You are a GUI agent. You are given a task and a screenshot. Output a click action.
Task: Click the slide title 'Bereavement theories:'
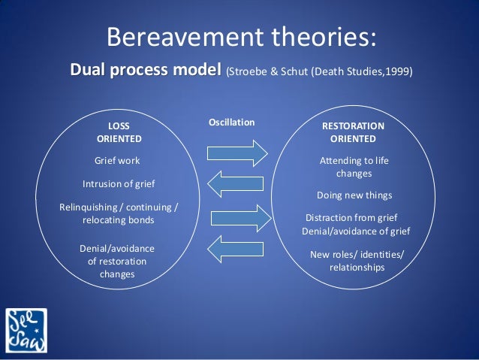pos(239,36)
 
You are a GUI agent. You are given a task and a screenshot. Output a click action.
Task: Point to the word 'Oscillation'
pos(231,122)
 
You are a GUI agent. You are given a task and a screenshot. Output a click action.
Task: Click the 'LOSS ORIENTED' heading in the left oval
pos(119,132)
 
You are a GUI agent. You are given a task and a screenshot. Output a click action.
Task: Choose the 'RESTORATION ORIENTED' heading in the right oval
pos(352,132)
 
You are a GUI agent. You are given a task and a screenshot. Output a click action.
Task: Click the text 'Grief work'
pos(117,160)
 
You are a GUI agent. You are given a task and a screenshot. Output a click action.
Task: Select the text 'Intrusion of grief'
pos(119,183)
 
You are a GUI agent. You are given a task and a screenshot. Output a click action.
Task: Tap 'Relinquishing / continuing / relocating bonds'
pos(119,213)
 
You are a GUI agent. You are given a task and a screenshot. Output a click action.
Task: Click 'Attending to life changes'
pos(354,167)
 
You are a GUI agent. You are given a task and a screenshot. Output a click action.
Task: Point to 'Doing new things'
pos(354,195)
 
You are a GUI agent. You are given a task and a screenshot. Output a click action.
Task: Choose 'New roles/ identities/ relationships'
pos(357,261)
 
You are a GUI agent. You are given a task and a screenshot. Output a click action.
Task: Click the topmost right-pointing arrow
pos(237,152)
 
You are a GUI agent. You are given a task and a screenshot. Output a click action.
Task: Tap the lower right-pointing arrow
pos(237,218)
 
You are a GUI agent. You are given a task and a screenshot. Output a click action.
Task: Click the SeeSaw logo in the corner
pos(26,331)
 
